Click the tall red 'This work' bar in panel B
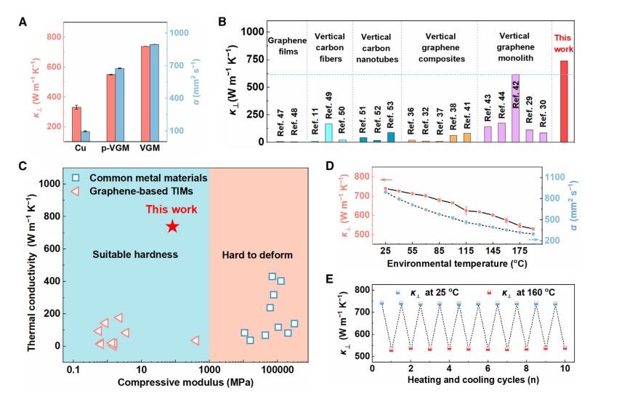click(x=564, y=101)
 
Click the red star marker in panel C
click(x=172, y=227)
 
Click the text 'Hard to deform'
click(x=259, y=254)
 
